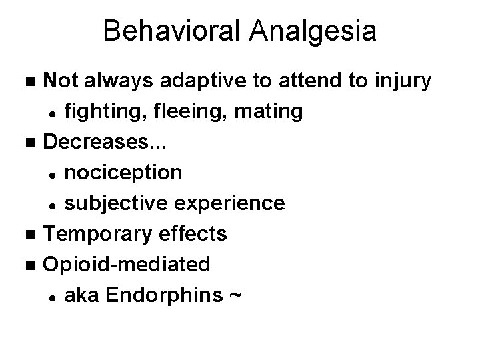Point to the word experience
pos(233,203)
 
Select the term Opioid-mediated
pos(127,264)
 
